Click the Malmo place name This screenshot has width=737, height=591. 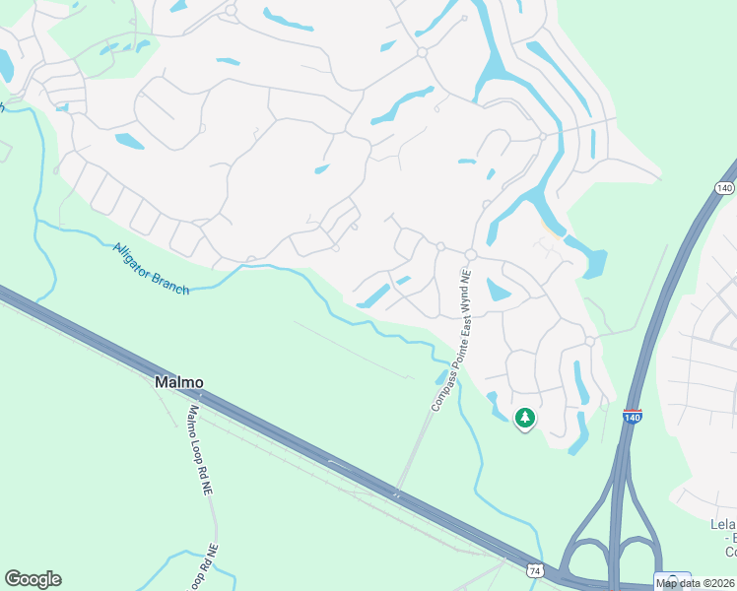click(x=179, y=382)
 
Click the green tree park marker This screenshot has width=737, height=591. click(x=525, y=419)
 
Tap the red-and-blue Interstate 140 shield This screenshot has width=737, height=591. click(x=633, y=418)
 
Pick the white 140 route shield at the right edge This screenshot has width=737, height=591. click(x=725, y=187)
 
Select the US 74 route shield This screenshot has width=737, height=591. click(x=534, y=570)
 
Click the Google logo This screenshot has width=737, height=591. click(x=33, y=579)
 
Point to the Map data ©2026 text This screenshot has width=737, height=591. click(x=695, y=583)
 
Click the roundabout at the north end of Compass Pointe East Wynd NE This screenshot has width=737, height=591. click(x=471, y=255)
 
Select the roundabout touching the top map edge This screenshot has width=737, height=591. click(x=231, y=10)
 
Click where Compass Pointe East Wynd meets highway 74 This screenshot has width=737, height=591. click(x=398, y=490)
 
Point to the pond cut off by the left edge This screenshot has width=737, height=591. click(x=5, y=65)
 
